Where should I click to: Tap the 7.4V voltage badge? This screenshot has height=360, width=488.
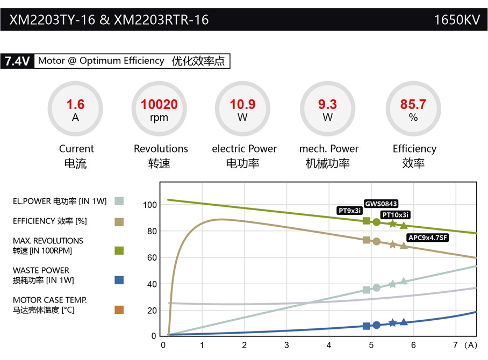click(17, 61)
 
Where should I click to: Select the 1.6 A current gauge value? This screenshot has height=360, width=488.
click(75, 105)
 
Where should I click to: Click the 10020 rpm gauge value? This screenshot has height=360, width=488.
click(159, 105)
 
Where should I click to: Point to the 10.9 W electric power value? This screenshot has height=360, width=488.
click(243, 105)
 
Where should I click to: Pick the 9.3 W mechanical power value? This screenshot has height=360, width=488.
click(327, 105)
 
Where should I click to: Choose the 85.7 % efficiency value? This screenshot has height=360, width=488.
click(413, 105)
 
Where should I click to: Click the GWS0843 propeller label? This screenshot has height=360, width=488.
click(381, 204)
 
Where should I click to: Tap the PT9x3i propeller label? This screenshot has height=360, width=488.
click(350, 211)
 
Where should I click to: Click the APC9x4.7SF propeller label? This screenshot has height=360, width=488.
click(428, 237)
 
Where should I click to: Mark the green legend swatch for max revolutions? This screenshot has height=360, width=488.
click(119, 250)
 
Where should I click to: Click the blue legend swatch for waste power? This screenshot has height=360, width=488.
click(119, 280)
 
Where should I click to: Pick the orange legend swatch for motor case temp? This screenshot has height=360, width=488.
click(119, 309)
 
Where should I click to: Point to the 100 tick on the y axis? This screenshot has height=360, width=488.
click(150, 205)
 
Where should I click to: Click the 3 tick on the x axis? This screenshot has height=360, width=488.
click(286, 345)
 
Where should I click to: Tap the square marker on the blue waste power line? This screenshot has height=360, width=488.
click(367, 326)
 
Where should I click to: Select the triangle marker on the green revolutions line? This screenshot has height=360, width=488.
click(404, 226)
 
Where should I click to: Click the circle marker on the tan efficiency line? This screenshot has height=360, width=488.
click(376, 242)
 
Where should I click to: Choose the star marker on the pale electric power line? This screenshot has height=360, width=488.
click(393, 284)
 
